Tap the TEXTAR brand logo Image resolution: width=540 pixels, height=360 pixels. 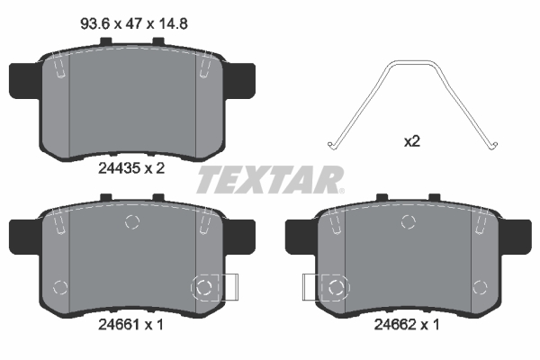pos(270,180)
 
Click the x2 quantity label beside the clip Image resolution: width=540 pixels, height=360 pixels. pos(411,142)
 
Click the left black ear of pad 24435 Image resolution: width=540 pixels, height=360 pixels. pos(24,78)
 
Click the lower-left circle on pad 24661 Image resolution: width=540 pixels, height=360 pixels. pos(61,287)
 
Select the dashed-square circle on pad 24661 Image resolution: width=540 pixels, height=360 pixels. pos(204,287)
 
